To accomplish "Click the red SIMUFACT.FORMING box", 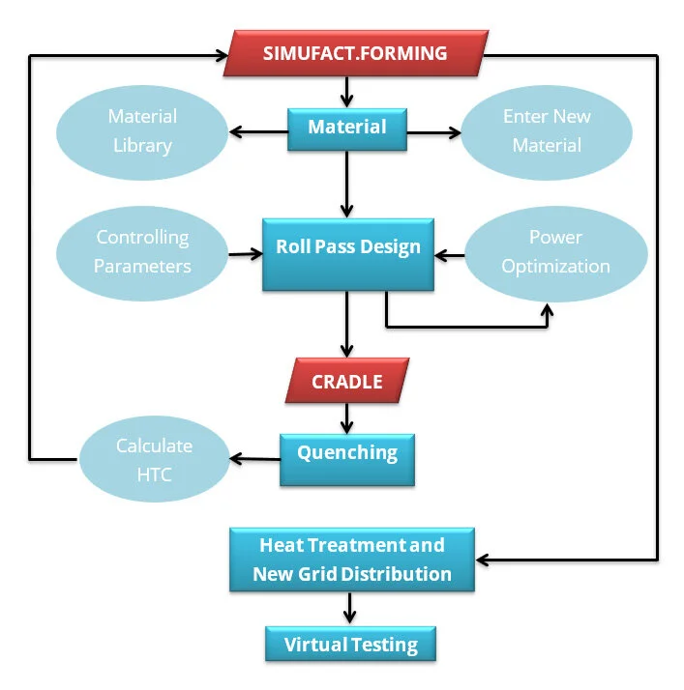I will click(354, 53).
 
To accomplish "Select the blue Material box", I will click(346, 128).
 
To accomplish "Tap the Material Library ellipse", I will click(141, 131).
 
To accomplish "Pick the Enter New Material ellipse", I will click(547, 131).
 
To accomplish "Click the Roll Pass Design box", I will click(347, 247).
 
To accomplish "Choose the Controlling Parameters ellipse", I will click(142, 251).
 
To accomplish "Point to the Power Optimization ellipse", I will click(555, 251).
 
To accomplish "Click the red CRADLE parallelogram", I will click(346, 382).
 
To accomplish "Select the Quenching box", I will click(346, 453).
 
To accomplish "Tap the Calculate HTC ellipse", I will click(154, 460).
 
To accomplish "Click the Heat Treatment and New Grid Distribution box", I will click(351, 560).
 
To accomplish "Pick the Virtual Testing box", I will click(350, 645).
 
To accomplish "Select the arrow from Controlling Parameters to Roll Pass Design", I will click(245, 255).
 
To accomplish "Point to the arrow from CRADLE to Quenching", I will click(346, 417).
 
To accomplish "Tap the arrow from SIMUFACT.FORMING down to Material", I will click(346, 92).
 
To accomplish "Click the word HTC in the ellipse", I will click(155, 474).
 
